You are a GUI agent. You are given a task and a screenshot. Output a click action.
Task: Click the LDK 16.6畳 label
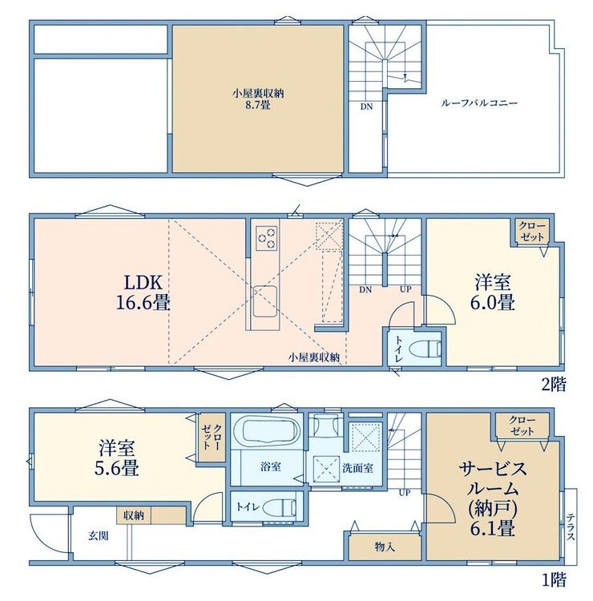tap(143, 292)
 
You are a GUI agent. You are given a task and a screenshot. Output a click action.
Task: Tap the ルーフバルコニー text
tap(478, 103)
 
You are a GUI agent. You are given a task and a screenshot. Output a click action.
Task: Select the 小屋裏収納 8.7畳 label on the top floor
tap(258, 99)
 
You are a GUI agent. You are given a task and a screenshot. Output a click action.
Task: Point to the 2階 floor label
tap(553, 385)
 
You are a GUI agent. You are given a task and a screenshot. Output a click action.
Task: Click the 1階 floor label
tap(554, 580)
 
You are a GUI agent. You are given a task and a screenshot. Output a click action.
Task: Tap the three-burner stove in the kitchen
tap(267, 238)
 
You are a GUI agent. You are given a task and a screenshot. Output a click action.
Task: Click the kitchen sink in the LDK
tap(264, 301)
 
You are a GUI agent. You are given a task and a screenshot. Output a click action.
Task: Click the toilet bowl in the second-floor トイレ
tap(426, 349)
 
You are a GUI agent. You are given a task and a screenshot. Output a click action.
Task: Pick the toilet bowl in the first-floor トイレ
tap(280, 508)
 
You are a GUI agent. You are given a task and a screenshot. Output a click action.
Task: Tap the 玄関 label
tap(99, 536)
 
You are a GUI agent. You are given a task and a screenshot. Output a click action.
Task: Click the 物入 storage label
tap(385, 547)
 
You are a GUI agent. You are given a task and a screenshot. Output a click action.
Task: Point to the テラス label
tap(571, 527)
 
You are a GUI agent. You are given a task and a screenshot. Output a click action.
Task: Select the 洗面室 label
tap(357, 468)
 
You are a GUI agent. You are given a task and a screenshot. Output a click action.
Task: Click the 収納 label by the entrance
tap(134, 515)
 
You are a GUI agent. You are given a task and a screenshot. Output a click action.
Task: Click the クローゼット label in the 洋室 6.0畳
tap(532, 232)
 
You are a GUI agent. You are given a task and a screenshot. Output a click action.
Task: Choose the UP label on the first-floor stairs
tap(405, 493)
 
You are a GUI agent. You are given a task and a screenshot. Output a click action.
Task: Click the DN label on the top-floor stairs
tap(366, 107)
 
